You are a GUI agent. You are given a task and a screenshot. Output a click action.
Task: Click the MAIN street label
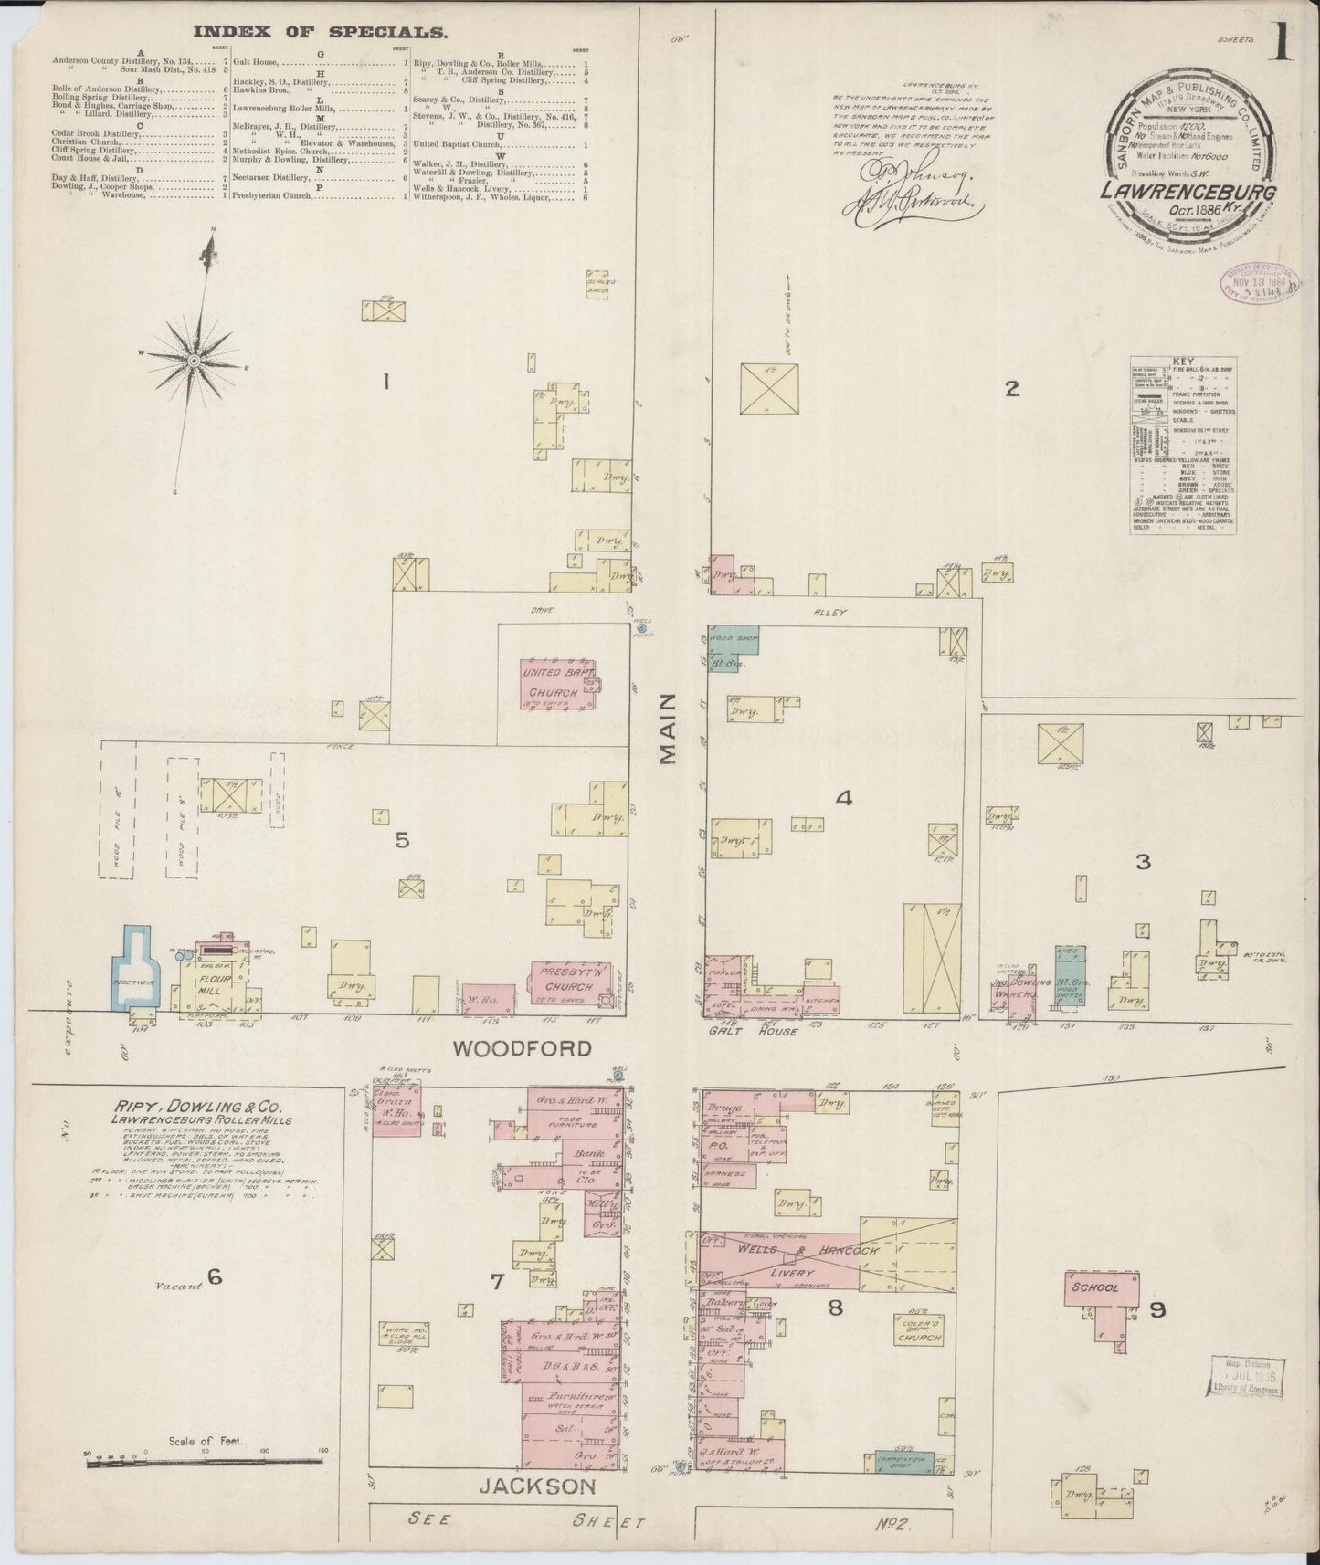(669, 728)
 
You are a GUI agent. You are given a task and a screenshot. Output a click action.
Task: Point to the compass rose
(194, 362)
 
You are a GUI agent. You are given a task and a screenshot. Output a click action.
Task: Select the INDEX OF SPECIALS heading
(320, 32)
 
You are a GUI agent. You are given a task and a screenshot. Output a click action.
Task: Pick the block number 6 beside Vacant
(214, 1277)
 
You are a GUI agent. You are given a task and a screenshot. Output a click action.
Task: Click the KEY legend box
(1183, 445)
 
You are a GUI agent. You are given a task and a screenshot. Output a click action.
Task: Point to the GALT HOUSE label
(755, 1032)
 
